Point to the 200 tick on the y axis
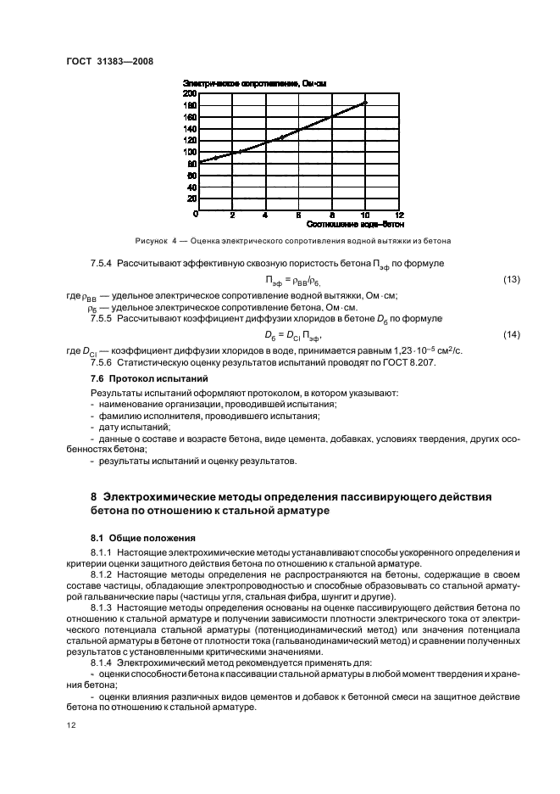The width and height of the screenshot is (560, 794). tap(191, 93)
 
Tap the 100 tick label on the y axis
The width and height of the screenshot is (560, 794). tap(191, 152)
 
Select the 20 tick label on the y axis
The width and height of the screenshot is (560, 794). tap(192, 198)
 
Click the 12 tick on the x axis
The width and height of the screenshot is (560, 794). tap(399, 215)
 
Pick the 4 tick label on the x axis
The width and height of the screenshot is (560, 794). tap(265, 215)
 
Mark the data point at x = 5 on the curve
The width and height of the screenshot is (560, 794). tap(282, 137)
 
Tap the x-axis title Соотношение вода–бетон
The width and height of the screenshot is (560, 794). tap(347, 224)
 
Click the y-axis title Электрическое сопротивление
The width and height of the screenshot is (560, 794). tap(254, 82)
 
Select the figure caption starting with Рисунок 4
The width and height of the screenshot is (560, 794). tap(292, 239)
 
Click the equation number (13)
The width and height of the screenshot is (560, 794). tap(511, 279)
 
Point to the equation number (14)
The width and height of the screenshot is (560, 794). tap(511, 335)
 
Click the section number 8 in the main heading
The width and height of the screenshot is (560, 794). tap(94, 495)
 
